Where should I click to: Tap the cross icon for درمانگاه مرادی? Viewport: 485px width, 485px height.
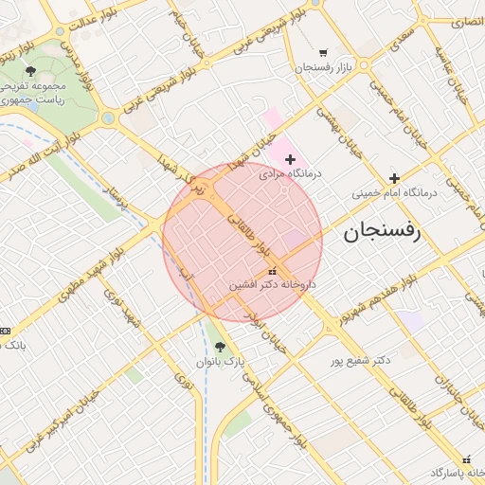point(290,159)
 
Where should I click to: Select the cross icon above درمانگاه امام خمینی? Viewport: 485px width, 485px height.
point(394,178)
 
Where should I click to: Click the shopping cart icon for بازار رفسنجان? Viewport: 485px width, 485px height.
point(324,53)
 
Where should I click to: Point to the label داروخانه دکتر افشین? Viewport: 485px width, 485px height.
point(273,283)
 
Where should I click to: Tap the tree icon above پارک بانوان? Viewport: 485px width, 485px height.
point(221,347)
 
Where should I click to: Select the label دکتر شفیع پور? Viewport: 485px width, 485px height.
point(360,361)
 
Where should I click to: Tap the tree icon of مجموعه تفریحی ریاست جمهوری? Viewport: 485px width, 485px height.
point(31,70)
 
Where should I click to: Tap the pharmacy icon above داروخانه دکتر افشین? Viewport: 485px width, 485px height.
point(273,271)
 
